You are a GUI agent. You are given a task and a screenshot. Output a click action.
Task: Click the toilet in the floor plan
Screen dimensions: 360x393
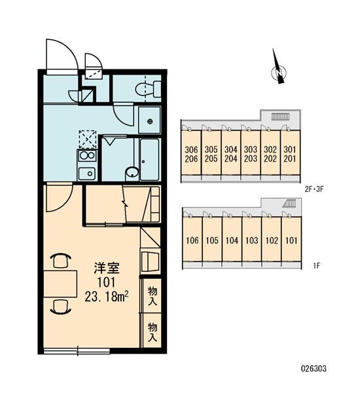coord(149,89)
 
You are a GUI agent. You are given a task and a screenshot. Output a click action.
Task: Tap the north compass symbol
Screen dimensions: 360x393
coord(279,71)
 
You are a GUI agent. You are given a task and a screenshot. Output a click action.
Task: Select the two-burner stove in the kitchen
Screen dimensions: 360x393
coord(87,155)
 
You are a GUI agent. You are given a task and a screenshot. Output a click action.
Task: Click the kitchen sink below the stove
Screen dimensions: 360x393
coord(87,173)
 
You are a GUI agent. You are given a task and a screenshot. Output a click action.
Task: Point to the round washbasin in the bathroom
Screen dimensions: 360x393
coord(132,172)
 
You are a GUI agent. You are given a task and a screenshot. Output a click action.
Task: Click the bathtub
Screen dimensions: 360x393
coord(149,159)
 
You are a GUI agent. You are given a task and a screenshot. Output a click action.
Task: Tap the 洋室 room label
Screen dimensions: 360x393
coord(107,268)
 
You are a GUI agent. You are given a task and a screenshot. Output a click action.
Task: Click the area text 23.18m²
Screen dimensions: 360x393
coord(107,297)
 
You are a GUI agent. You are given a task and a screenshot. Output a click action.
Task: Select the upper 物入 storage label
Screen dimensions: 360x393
coord(153,296)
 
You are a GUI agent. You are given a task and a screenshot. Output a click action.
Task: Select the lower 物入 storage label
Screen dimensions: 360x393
coord(153,332)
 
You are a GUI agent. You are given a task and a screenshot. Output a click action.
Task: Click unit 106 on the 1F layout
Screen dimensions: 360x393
coord(192,240)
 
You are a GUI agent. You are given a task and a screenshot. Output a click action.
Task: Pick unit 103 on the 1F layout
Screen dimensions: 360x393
coord(252,240)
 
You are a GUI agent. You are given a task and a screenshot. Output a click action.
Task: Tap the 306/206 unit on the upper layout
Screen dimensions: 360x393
coord(191,154)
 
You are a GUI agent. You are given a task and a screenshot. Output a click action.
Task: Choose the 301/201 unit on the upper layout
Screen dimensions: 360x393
coord(290,154)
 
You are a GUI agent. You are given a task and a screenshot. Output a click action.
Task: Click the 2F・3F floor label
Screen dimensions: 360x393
coord(314,189)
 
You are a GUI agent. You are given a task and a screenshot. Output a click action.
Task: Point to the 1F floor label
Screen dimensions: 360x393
coord(317,265)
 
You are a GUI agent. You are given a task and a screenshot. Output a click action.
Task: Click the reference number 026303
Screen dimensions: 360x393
coord(314,369)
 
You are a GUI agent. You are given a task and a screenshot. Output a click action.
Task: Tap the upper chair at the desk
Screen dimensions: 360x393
coord(60,261)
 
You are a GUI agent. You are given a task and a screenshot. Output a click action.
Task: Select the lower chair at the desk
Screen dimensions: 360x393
coord(60,307)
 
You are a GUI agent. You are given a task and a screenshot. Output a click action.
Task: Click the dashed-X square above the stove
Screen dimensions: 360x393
coord(88,140)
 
